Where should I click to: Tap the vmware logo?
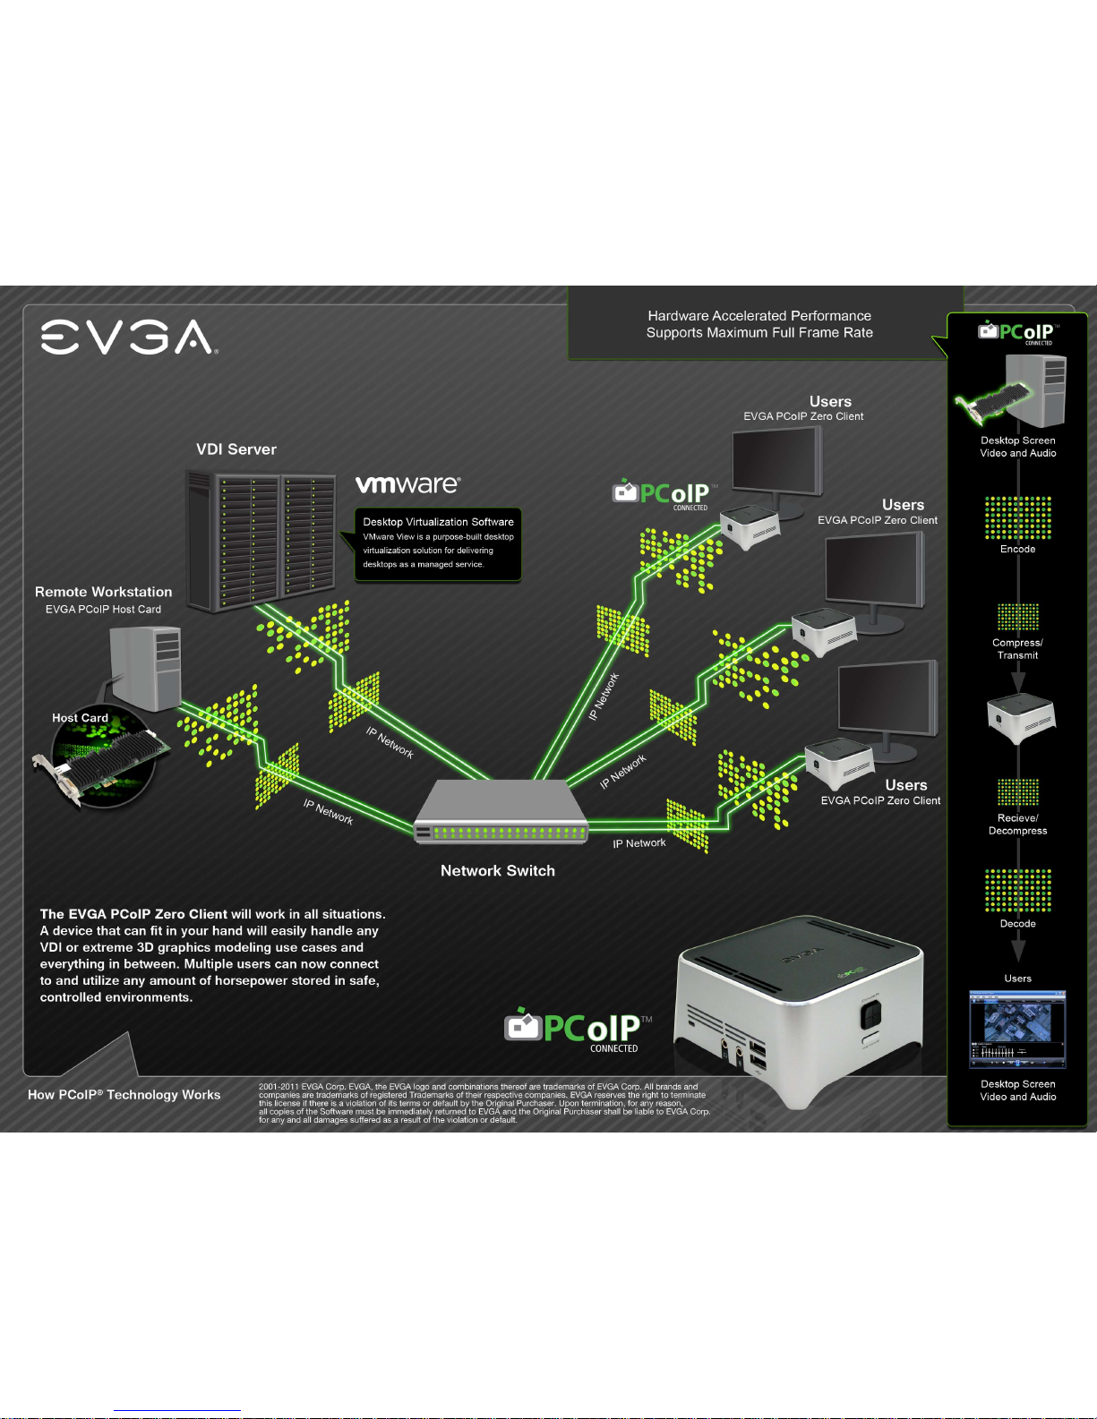tap(408, 483)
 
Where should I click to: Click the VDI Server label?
tap(236, 449)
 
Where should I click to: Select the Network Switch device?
tap(501, 812)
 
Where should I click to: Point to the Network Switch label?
tap(498, 870)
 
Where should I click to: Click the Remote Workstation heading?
tap(103, 592)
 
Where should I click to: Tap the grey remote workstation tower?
tap(146, 668)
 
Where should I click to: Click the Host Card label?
tap(80, 718)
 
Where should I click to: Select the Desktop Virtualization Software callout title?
tap(438, 522)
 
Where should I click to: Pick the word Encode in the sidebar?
tap(1017, 549)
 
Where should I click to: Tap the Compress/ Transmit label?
tap(1017, 649)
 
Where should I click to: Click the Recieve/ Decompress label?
tap(1017, 825)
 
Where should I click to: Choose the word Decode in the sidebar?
tap(1017, 923)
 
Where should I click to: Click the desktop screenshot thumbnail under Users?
tap(1017, 1030)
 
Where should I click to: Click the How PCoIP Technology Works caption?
tap(124, 1094)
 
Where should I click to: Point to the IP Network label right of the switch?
tap(639, 843)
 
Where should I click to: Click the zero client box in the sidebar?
tap(1021, 718)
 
